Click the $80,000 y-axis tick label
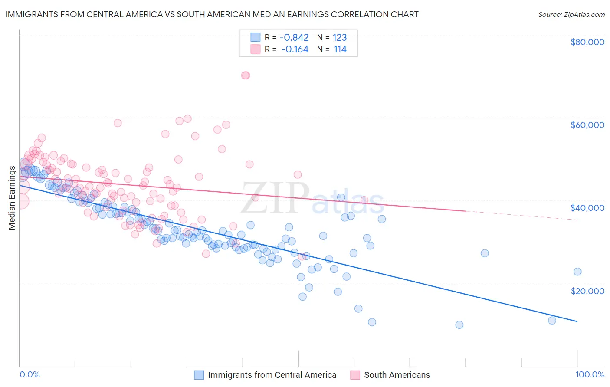pyautogui.click(x=587, y=42)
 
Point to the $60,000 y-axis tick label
pyautogui.click(x=587, y=125)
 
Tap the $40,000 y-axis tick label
pyautogui.click(x=587, y=208)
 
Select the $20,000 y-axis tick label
pyautogui.click(x=587, y=291)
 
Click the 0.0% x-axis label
pyautogui.click(x=30, y=374)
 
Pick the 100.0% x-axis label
pyautogui.click(x=590, y=374)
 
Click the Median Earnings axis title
pyautogui.click(x=12, y=198)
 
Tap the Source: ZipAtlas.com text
pyautogui.click(x=571, y=14)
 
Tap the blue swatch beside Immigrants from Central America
pyautogui.click(x=199, y=375)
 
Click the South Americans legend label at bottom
pyautogui.click(x=397, y=375)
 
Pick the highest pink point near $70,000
pyautogui.click(x=246, y=75)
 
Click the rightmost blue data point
pyautogui.click(x=577, y=272)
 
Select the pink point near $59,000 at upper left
pyautogui.click(x=117, y=123)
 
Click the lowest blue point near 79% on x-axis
pyautogui.click(x=459, y=325)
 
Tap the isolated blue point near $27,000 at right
pyautogui.click(x=485, y=253)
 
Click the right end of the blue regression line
pyautogui.click(x=577, y=321)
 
